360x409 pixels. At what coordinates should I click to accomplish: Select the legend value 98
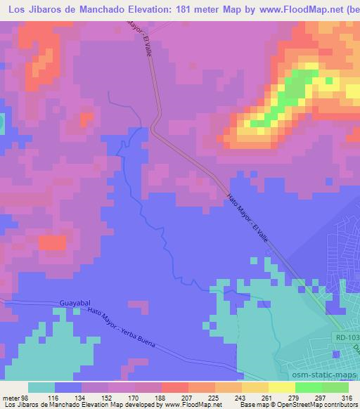pyautogui.click(x=26, y=397)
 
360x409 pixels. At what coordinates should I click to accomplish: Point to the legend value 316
pyautogui.click(x=346, y=397)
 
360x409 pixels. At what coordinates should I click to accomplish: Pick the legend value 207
pyautogui.click(x=174, y=397)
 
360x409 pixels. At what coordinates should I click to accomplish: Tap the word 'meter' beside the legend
pyautogui.click(x=10, y=397)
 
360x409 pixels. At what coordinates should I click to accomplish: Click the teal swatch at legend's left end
pyautogui.click(x=41, y=387)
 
